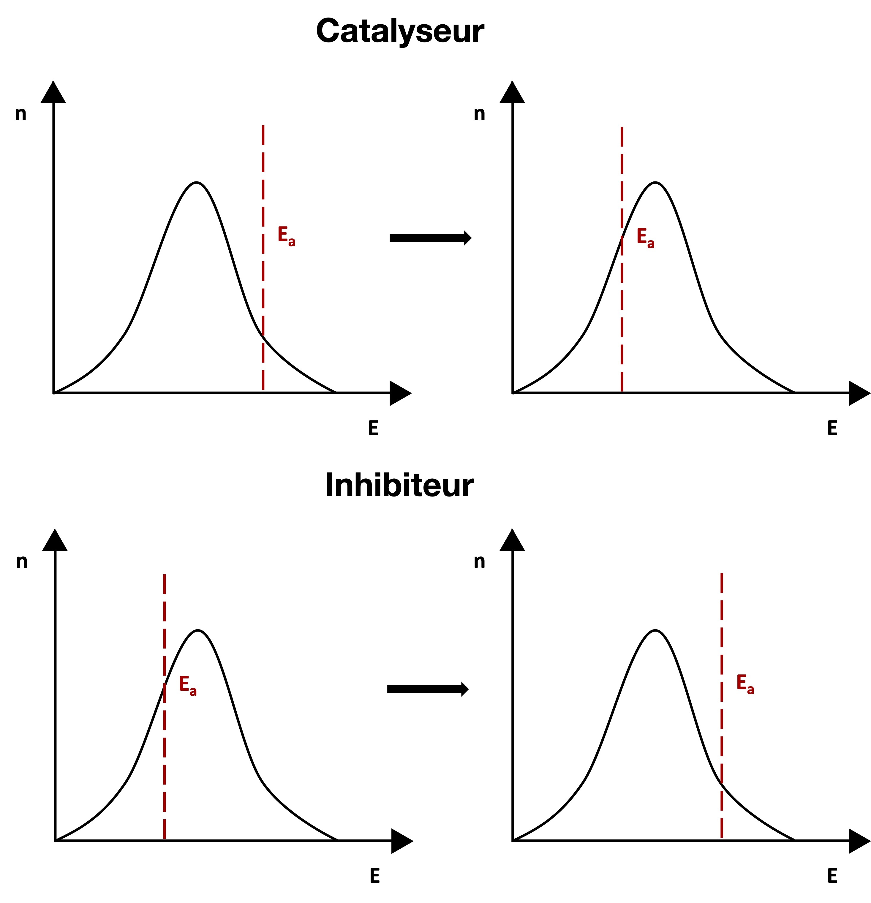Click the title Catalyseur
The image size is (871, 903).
(399, 31)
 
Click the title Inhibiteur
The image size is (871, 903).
(399, 485)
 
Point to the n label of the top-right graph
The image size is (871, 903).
(479, 113)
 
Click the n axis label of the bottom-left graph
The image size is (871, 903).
(22, 561)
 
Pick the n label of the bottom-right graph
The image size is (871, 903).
(479, 561)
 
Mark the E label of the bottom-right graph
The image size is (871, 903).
(832, 876)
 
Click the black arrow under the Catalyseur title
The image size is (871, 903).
(430, 238)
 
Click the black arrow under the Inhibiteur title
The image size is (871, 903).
(427, 689)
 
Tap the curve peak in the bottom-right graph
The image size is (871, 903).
(655, 630)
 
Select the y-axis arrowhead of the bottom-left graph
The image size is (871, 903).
(55, 540)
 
